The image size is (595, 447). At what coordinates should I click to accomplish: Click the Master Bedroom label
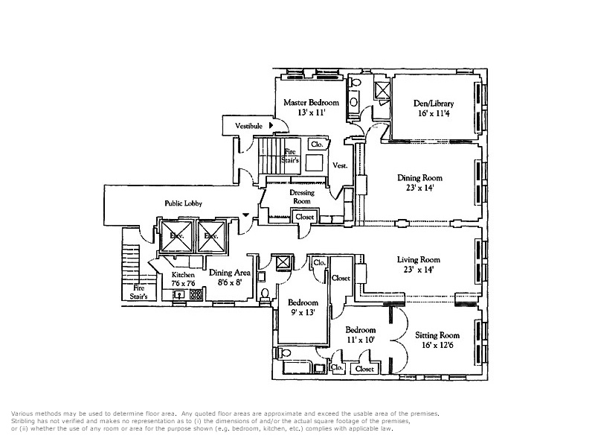pyautogui.click(x=311, y=103)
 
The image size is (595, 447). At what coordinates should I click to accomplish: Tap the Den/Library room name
pyautogui.click(x=434, y=104)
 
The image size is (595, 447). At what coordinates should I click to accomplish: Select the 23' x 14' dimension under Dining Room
pyautogui.click(x=419, y=188)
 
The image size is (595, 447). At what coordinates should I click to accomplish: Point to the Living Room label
pyautogui.click(x=419, y=259)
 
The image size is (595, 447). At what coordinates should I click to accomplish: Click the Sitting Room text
pyautogui.click(x=437, y=335)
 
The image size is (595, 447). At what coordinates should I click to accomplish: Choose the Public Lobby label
pyautogui.click(x=183, y=203)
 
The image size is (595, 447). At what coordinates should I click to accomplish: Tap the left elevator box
pyautogui.click(x=177, y=236)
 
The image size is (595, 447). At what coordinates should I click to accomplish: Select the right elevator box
pyautogui.click(x=211, y=236)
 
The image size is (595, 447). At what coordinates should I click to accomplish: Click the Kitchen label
pyautogui.click(x=183, y=274)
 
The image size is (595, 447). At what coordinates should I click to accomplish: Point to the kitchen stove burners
pyautogui.click(x=196, y=294)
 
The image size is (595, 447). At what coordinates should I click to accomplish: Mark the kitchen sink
pyautogui.click(x=178, y=294)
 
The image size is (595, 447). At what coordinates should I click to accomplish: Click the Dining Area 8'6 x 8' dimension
pyautogui.click(x=230, y=283)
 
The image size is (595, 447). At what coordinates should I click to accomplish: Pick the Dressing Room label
pyautogui.click(x=302, y=197)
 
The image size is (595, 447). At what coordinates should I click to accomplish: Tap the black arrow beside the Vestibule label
pyautogui.click(x=271, y=125)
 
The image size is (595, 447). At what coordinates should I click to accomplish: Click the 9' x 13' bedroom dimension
pyautogui.click(x=303, y=313)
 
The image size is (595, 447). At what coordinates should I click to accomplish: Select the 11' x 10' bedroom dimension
pyautogui.click(x=360, y=340)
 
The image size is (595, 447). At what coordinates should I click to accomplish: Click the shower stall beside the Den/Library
pyautogui.click(x=382, y=90)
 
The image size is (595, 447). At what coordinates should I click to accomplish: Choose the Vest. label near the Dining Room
pyautogui.click(x=340, y=165)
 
